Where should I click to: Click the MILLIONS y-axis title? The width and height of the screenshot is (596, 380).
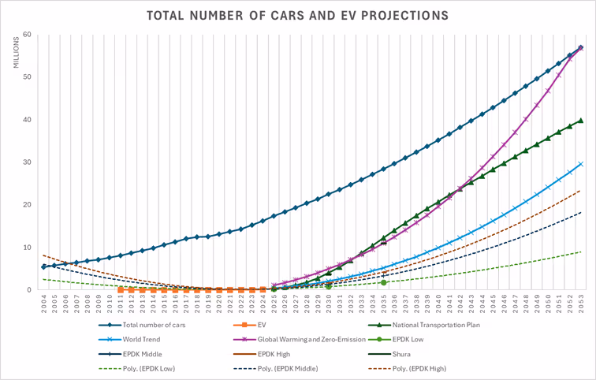pyautogui.click(x=17, y=51)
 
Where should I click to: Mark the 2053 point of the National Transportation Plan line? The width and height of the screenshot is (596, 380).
pyautogui.click(x=581, y=121)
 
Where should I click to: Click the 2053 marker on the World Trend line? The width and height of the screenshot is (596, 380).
pyautogui.click(x=581, y=163)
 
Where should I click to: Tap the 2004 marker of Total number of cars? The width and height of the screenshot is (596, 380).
pyautogui.click(x=43, y=267)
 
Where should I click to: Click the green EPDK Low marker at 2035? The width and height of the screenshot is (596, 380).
pyautogui.click(x=384, y=282)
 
